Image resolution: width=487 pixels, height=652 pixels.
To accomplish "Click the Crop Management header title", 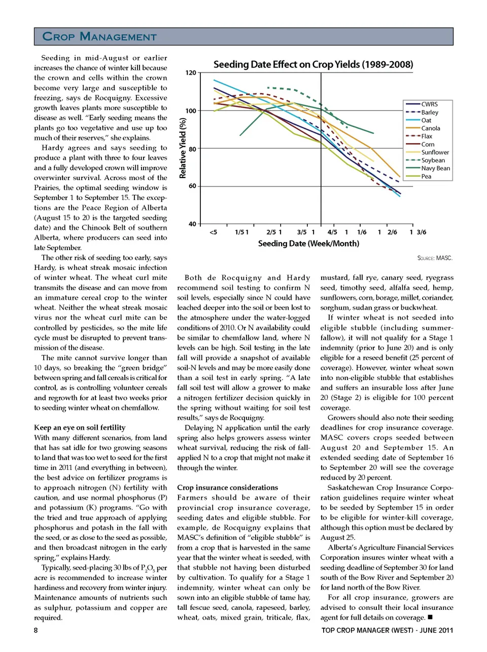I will coord(99,37).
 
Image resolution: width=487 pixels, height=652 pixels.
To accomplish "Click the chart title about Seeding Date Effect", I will coord(313,64).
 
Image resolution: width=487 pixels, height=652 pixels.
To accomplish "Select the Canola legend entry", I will coord(430,128).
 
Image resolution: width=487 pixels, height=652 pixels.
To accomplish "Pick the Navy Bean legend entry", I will coord(435,168).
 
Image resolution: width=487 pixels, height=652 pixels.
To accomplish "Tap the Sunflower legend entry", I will coord(435,152).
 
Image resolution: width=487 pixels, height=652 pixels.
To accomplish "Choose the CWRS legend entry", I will coord(429,104).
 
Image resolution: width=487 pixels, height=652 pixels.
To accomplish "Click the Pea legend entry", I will coord(426,177).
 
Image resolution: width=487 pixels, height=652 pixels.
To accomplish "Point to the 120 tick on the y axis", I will coord(190,73).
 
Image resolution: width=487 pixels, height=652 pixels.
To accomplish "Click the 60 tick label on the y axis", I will coord(192,186).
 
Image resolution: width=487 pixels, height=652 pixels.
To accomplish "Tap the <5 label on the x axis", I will coord(213,232).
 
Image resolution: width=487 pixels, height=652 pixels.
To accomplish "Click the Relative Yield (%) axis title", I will coord(183,148).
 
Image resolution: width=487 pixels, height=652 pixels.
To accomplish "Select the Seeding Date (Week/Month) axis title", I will coord(308,244).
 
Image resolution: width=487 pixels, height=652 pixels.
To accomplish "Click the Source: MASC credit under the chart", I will coord(435,258).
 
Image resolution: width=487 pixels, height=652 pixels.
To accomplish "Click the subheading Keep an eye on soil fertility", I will coord(80,428).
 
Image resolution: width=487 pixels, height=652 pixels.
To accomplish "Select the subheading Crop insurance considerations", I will coord(227,488).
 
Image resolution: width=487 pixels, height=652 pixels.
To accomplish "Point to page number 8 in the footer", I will coord(36,630).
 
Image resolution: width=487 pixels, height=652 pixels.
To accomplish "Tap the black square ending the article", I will coord(430,617).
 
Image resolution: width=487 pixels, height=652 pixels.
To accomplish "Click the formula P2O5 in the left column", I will coord(147,568).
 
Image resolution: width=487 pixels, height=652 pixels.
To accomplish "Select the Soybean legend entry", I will coord(433,160).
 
